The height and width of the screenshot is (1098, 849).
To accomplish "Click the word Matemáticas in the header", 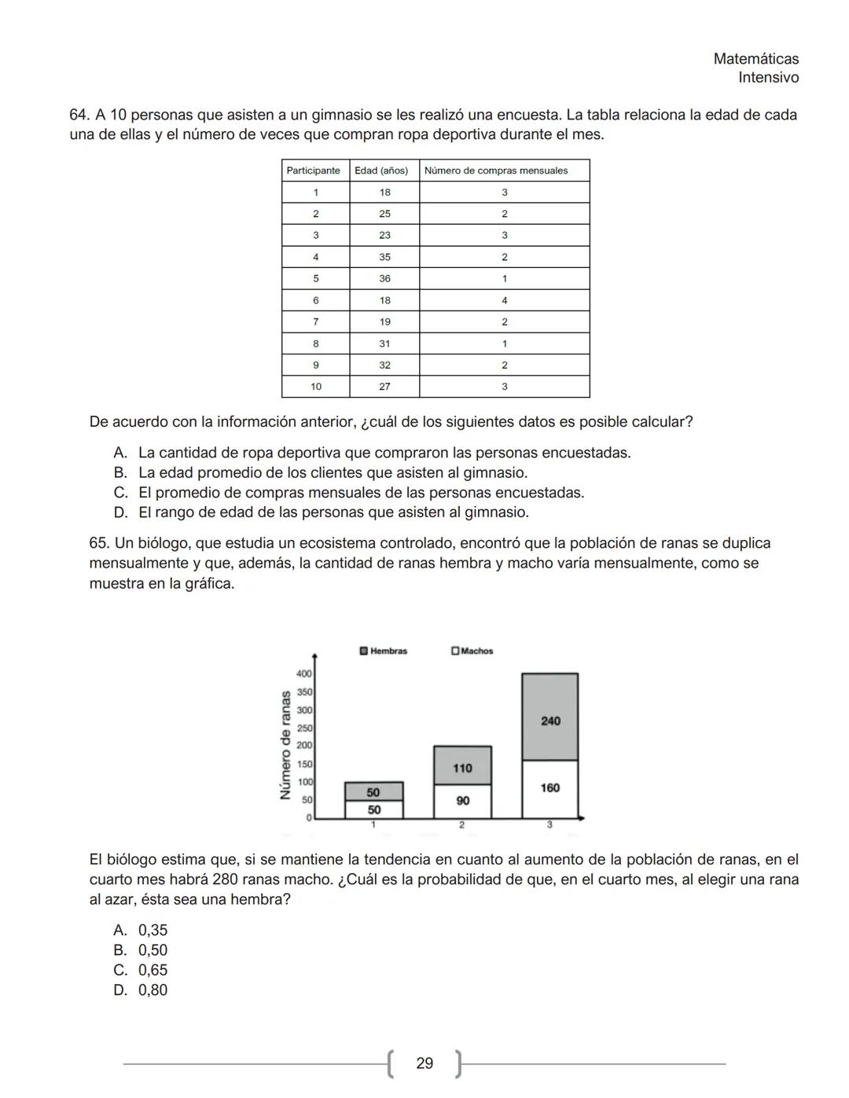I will [755, 59].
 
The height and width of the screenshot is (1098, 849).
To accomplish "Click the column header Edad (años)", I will [381, 171].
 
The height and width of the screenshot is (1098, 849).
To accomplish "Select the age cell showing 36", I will [384, 278].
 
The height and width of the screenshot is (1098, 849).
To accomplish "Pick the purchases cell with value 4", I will [504, 300].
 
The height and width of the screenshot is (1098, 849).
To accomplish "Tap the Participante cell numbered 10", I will [315, 387].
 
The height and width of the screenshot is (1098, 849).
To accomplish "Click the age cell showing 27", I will [384, 387].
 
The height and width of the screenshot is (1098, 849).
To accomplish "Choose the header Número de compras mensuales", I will [495, 171].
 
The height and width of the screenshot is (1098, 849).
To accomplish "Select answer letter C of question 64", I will [120, 493].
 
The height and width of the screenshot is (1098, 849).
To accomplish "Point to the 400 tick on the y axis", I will [304, 674].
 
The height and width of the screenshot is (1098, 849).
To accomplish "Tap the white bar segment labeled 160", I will [550, 788].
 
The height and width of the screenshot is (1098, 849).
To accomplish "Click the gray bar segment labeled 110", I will [462, 766].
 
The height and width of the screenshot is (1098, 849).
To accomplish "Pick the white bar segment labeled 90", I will [462, 801].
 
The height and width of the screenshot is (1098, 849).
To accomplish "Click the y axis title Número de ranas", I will [286, 745].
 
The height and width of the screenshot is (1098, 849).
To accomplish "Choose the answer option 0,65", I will [153, 970].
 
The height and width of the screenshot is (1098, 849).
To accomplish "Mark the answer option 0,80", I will [153, 990].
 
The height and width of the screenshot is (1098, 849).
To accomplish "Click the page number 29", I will [424, 1063].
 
